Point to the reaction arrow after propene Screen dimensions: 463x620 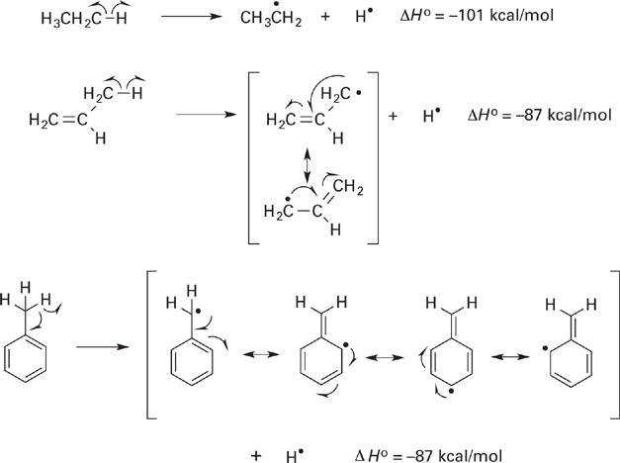pyautogui.click(x=205, y=115)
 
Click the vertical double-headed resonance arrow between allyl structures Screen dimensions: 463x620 pyautogui.click(x=310, y=164)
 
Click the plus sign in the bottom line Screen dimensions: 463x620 pyautogui.click(x=257, y=453)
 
